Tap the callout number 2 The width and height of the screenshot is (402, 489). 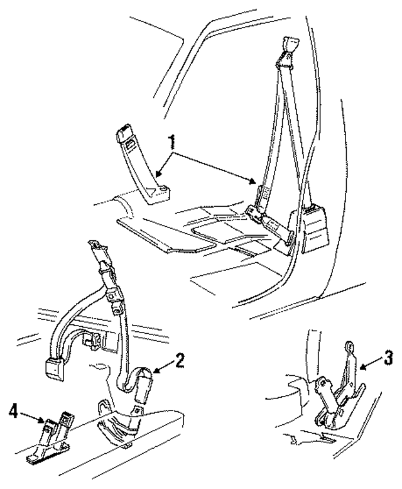click(x=180, y=360)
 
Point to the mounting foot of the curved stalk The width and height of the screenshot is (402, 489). click(x=156, y=194)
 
